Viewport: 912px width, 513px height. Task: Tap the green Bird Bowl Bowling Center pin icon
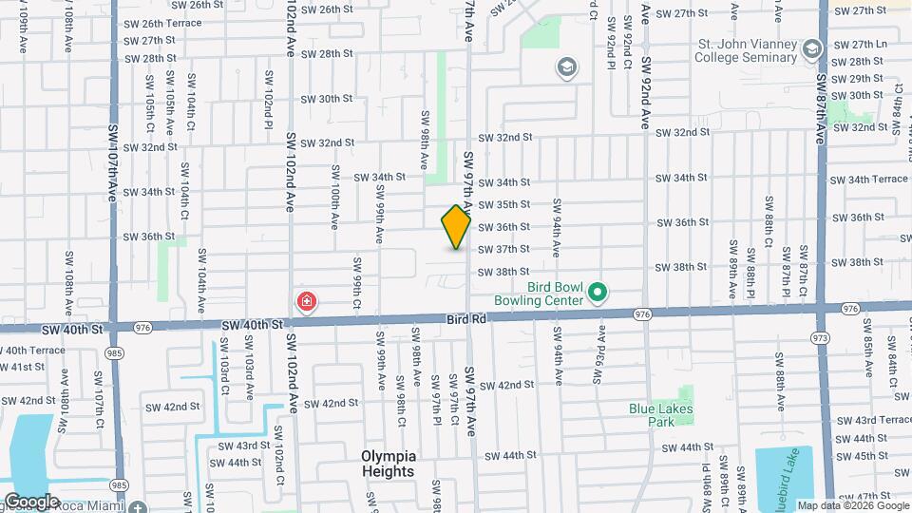[598, 293]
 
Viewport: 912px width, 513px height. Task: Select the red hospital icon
[307, 303]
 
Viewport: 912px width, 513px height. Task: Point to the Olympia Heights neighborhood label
[388, 464]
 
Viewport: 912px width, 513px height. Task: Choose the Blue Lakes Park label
[661, 416]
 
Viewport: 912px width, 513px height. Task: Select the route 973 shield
[820, 337]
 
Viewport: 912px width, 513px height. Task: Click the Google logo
[30, 501]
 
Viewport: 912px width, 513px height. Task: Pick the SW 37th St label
[503, 250]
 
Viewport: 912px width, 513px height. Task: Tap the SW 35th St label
[503, 204]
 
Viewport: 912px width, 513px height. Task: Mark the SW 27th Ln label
[868, 45]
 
